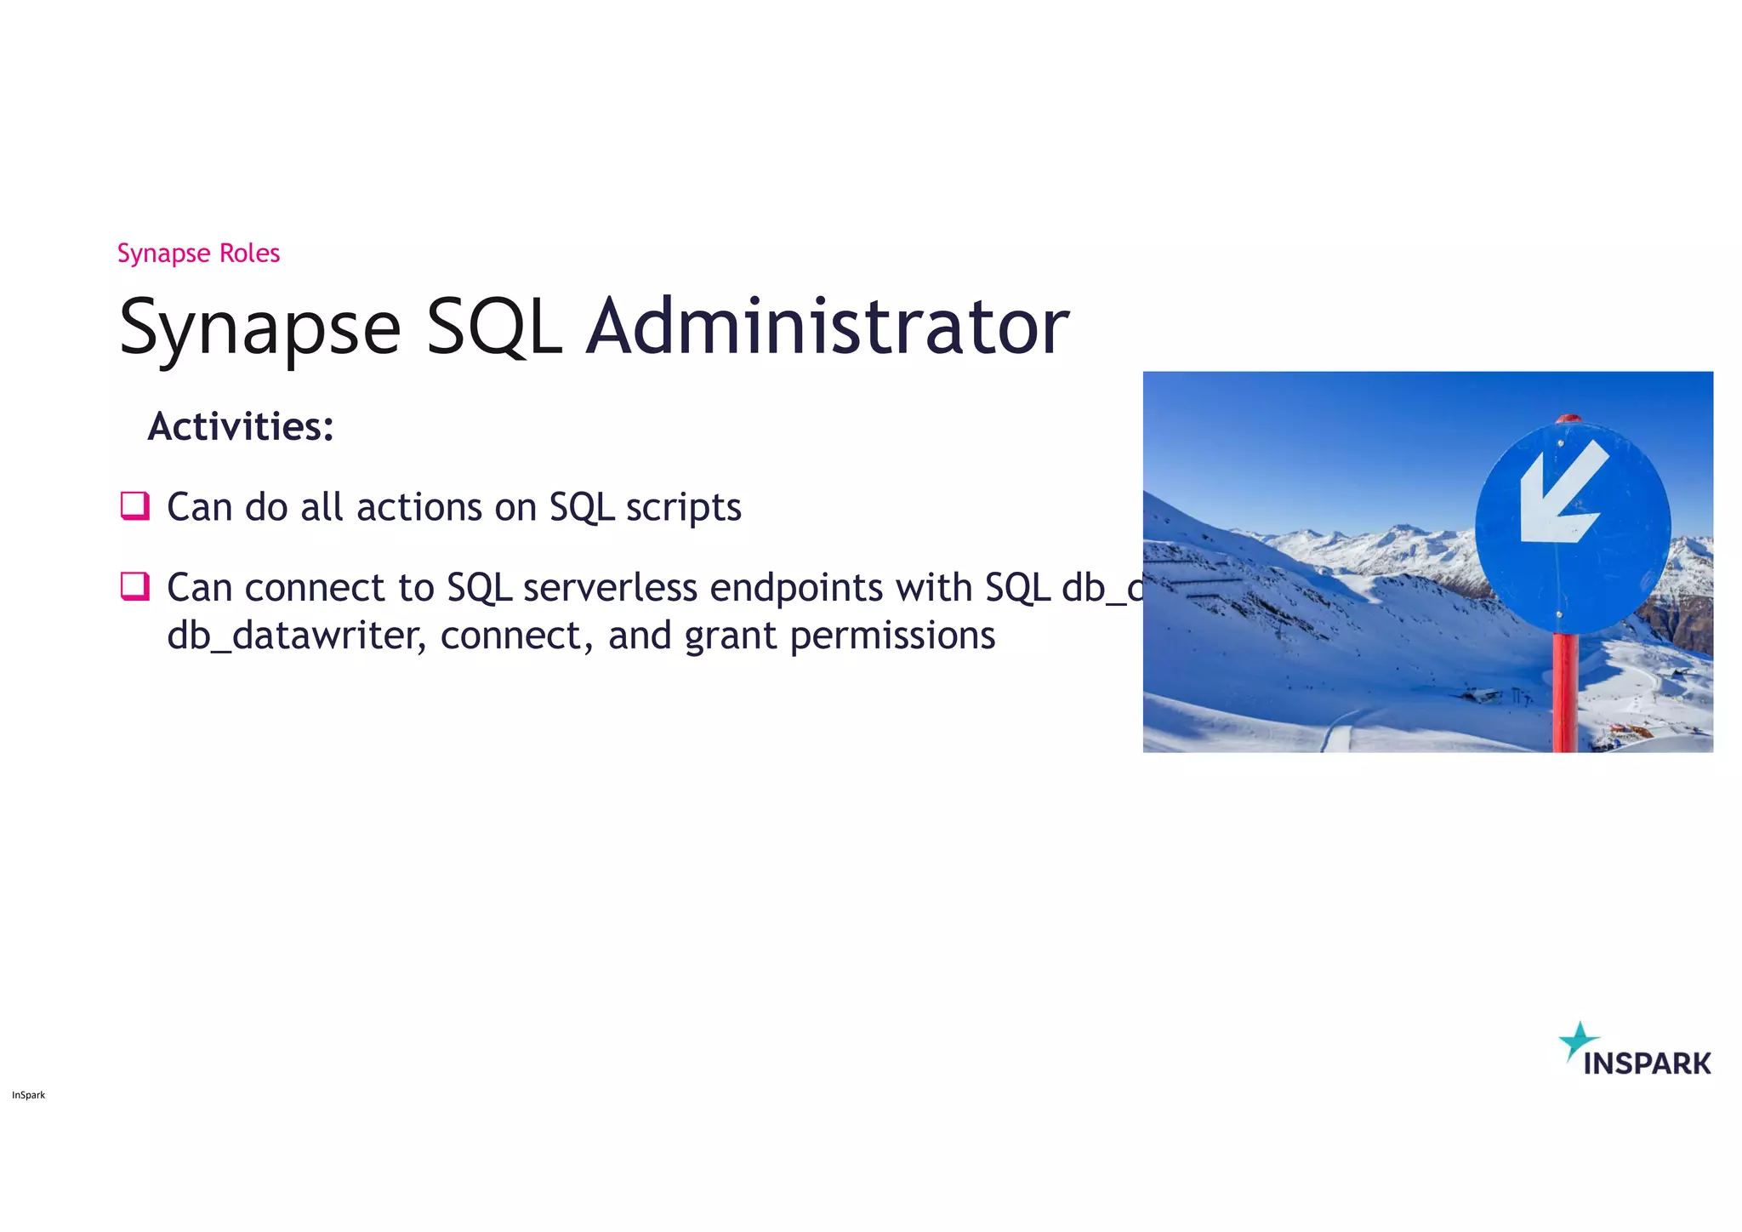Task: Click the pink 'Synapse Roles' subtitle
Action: coord(198,254)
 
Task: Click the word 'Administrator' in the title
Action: coord(827,327)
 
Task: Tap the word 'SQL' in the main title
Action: coord(493,327)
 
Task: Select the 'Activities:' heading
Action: coord(241,426)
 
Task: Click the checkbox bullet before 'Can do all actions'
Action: coord(135,505)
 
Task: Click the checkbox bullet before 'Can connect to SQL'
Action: coord(135,586)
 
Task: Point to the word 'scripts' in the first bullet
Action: coord(684,508)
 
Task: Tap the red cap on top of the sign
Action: coord(1568,419)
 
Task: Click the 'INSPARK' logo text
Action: coord(1647,1064)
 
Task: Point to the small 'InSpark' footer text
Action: coord(28,1095)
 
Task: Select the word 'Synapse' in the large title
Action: coord(259,328)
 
